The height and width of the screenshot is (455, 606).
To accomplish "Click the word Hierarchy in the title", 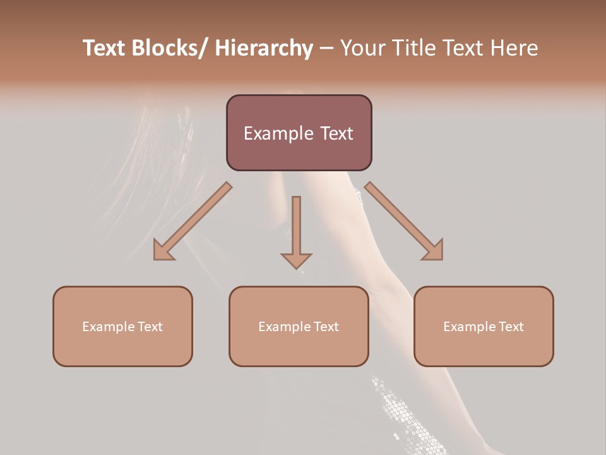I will click(264, 48).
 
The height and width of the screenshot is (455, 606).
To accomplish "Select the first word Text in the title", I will click(105, 48).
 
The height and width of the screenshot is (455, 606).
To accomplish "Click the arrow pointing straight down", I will click(296, 231).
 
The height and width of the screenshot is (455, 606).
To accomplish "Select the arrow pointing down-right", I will click(405, 221).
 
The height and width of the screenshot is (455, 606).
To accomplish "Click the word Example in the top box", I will click(278, 133).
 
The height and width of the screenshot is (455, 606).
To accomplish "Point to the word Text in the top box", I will click(336, 133).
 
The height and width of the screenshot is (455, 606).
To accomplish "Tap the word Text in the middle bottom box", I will click(326, 327).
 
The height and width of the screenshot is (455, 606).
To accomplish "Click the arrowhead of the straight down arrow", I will click(296, 260).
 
